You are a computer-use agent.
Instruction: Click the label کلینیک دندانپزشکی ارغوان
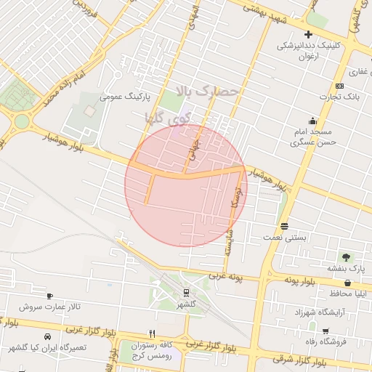(x=309, y=50)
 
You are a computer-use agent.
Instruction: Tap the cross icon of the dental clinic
(x=309, y=34)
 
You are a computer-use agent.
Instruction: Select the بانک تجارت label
(x=339, y=97)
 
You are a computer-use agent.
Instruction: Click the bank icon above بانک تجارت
(x=339, y=86)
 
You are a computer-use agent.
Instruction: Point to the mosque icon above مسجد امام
(x=312, y=121)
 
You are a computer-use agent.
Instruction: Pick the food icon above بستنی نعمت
(x=283, y=225)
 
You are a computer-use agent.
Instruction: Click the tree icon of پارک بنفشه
(x=346, y=257)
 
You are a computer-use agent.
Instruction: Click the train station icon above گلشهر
(x=187, y=294)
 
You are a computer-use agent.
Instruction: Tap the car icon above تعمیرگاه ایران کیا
(x=47, y=336)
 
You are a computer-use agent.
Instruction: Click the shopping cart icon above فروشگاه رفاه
(x=325, y=331)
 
